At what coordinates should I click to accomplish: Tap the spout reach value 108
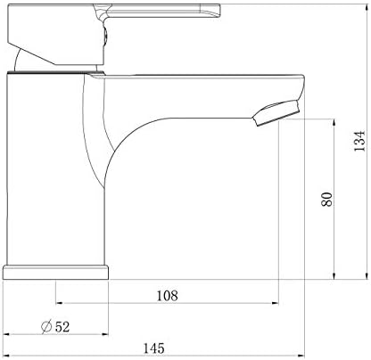pyautogui.click(x=167, y=295)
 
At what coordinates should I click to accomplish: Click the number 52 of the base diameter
pyautogui.click(x=62, y=326)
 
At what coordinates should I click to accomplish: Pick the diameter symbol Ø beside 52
pyautogui.click(x=45, y=326)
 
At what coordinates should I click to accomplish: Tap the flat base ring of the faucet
pyautogui.click(x=57, y=272)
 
